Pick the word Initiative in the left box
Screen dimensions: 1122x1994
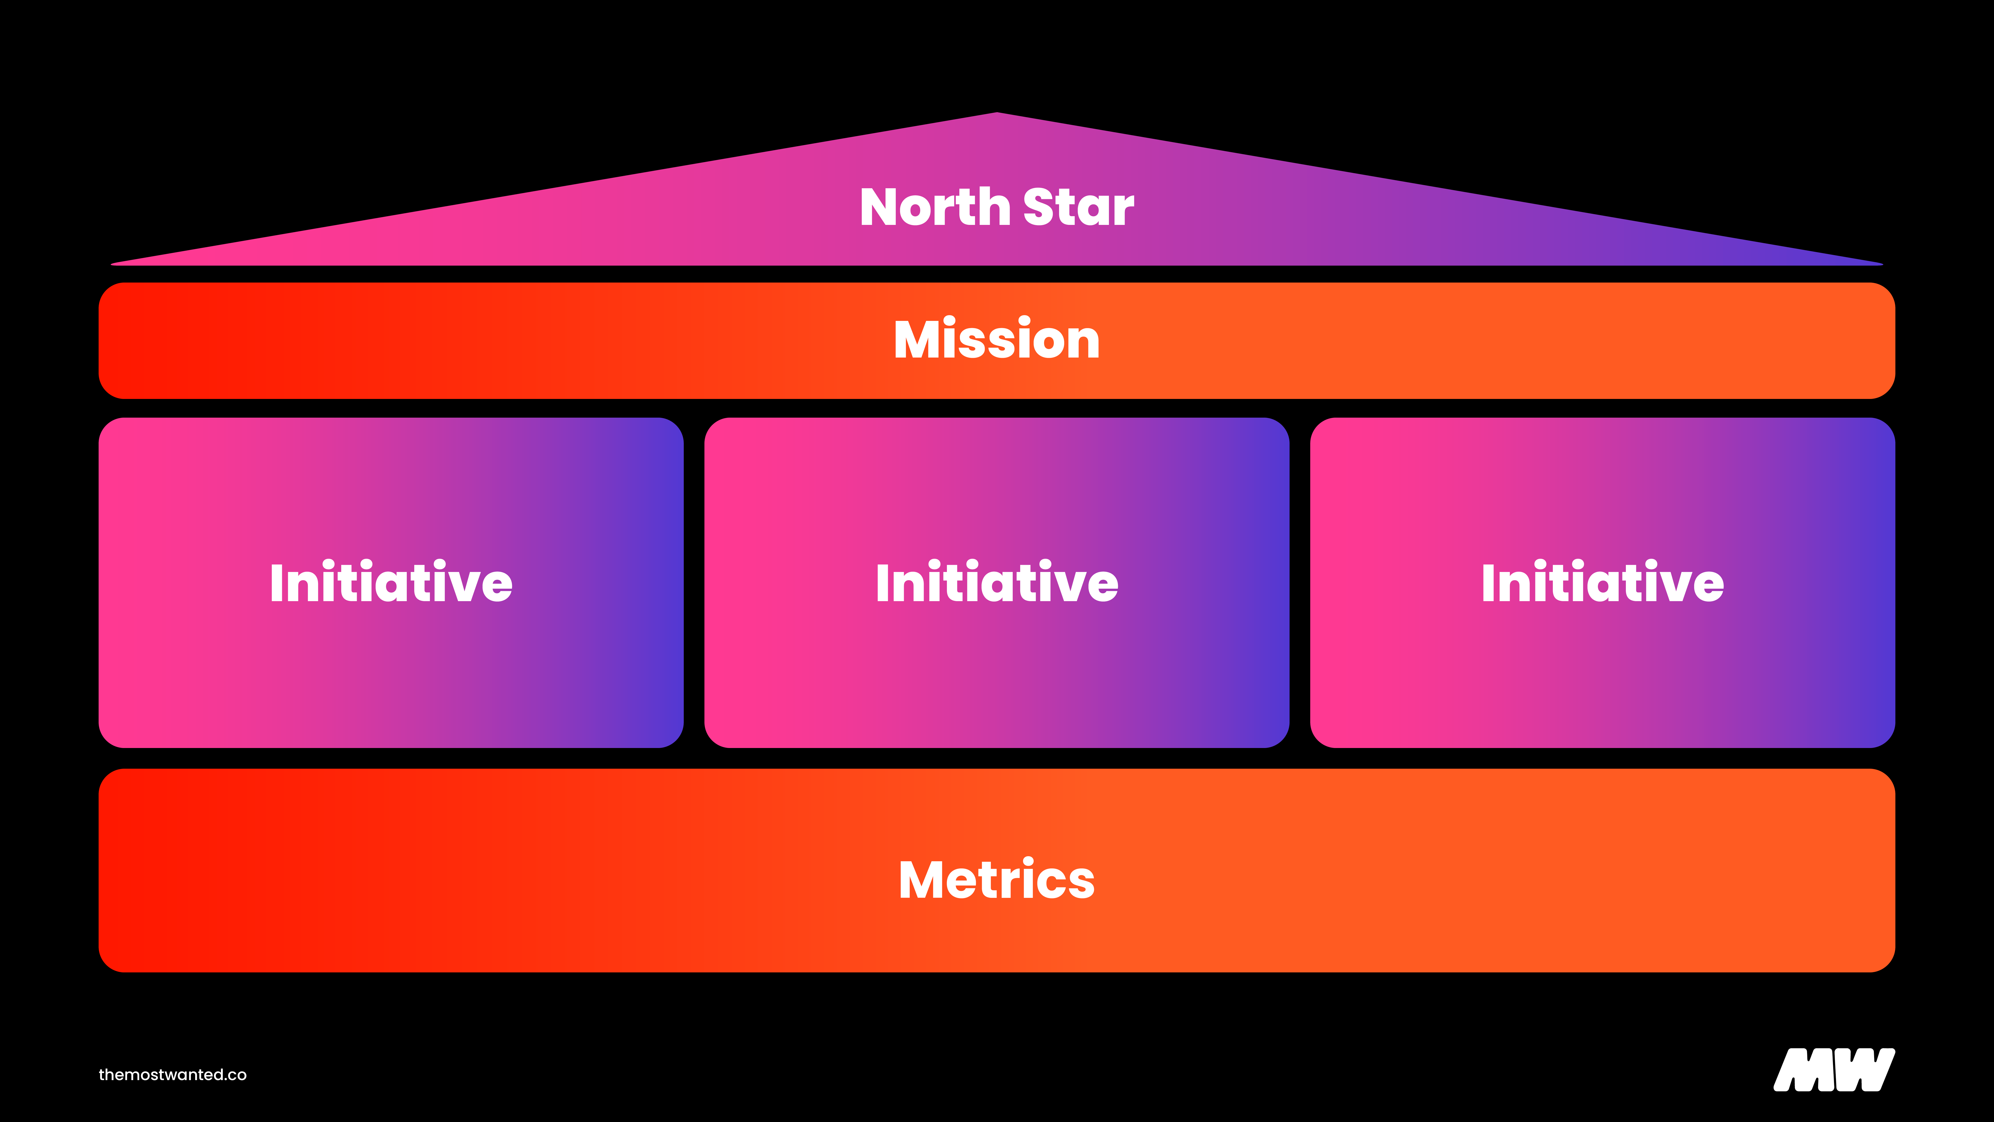point(391,582)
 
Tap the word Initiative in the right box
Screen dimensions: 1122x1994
point(1602,582)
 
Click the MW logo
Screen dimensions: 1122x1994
point(1834,1070)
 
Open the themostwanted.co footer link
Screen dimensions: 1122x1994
point(173,1075)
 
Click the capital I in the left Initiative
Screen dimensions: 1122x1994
point(276,582)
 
